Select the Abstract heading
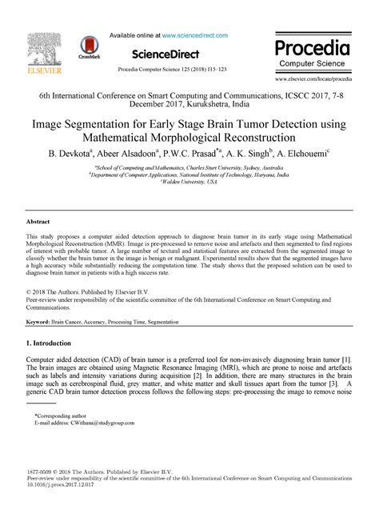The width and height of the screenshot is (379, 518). (x=38, y=221)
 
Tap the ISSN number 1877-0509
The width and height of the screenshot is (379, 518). (x=42, y=470)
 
